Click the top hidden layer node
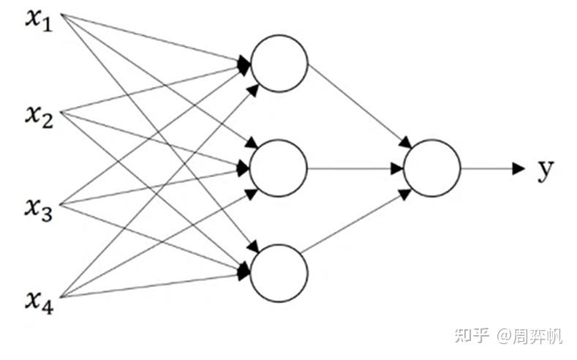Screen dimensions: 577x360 coord(279,63)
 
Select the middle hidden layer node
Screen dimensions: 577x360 coord(279,168)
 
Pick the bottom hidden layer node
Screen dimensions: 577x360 coord(279,271)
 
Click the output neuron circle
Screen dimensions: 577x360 coord(431,168)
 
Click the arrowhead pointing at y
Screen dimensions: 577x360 coord(518,168)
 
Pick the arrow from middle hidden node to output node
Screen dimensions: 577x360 coord(355,168)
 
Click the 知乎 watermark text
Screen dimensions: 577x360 coord(472,336)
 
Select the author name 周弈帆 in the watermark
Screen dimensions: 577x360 coord(538,336)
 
